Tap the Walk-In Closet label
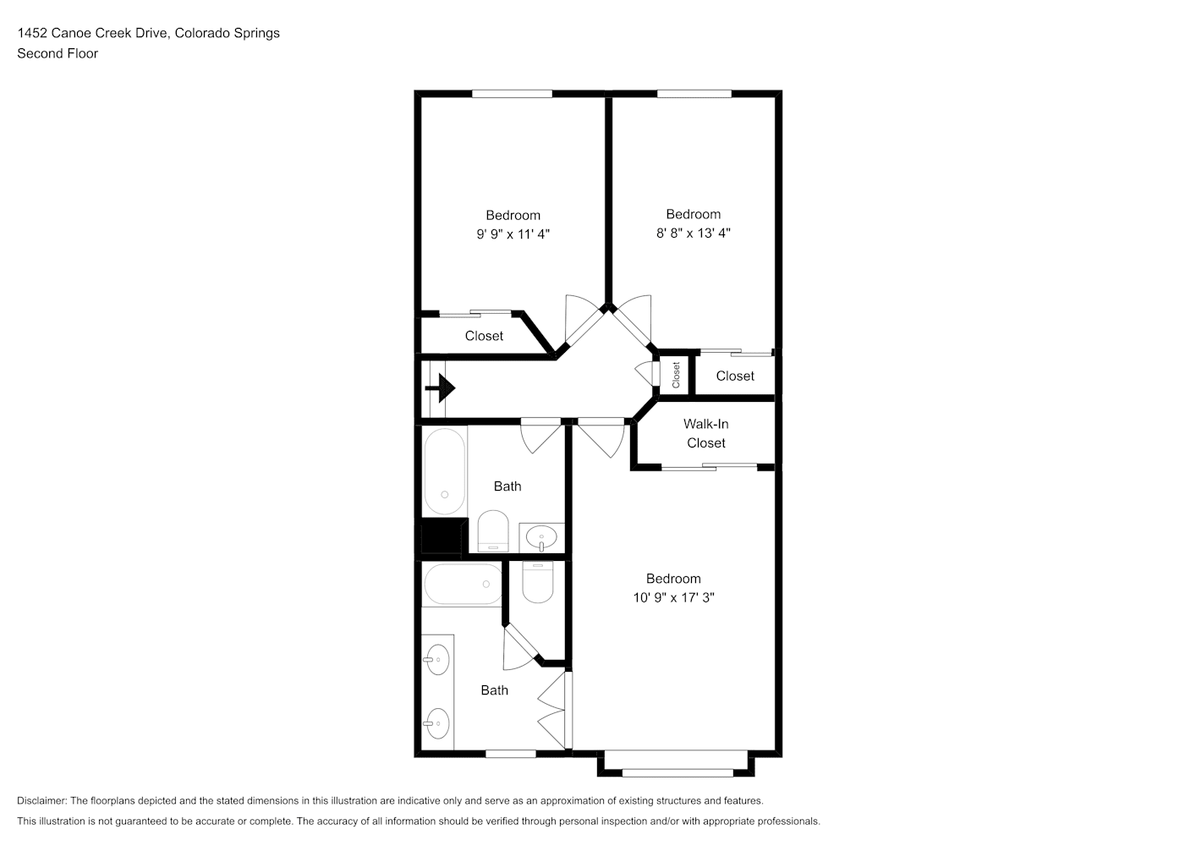pos(706,433)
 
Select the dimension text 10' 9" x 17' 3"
pos(673,597)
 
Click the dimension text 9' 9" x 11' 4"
pos(513,234)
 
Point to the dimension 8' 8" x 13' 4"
pos(693,233)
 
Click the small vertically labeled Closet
pos(676,375)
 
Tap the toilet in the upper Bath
pos(493,531)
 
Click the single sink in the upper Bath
pos(541,538)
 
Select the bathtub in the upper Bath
pos(444,471)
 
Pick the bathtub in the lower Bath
pos(462,585)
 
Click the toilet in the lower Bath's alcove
pos(537,582)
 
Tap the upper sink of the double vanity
pos(437,660)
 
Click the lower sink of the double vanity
pos(437,723)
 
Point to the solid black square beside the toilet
pos(442,537)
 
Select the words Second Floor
pos(58,53)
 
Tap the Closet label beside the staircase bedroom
pos(484,336)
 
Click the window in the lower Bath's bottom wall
pos(510,754)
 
